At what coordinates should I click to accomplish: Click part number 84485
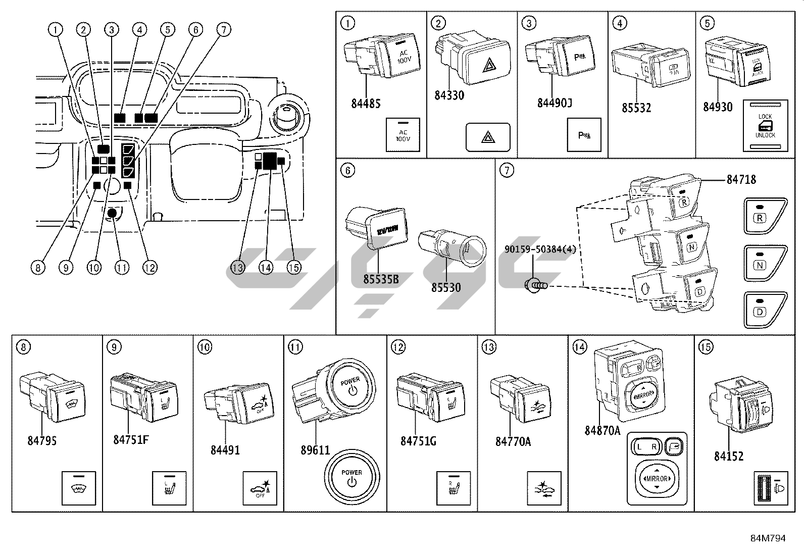pyautogui.click(x=366, y=104)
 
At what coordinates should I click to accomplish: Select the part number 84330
pyautogui.click(x=449, y=95)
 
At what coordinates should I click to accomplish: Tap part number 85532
pyautogui.click(x=636, y=108)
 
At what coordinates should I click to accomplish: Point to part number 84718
pyautogui.click(x=741, y=179)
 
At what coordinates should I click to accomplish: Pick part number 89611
pyautogui.click(x=315, y=449)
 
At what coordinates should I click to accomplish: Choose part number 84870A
pyautogui.click(x=602, y=430)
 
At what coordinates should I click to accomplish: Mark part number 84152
pyautogui.click(x=729, y=456)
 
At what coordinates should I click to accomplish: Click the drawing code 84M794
pyautogui.click(x=768, y=538)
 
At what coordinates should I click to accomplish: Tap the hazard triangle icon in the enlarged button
pyautogui.click(x=488, y=137)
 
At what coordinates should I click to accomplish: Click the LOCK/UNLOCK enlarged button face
pyautogui.click(x=765, y=126)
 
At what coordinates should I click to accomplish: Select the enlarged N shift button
pyautogui.click(x=765, y=263)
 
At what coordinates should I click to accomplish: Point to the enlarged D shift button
pyautogui.click(x=765, y=309)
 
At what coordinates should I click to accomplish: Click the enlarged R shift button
pyautogui.click(x=765, y=216)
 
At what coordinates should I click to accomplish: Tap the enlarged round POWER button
pyautogui.click(x=351, y=477)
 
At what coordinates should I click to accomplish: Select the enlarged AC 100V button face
pyautogui.click(x=403, y=135)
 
